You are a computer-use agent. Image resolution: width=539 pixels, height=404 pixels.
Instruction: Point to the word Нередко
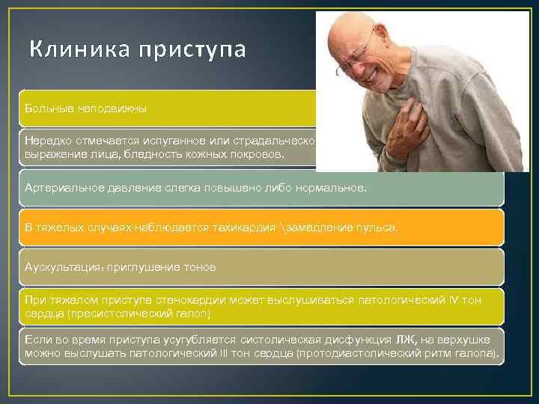tap(46, 140)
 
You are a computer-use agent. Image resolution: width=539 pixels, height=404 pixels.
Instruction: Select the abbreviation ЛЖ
tap(407, 339)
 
